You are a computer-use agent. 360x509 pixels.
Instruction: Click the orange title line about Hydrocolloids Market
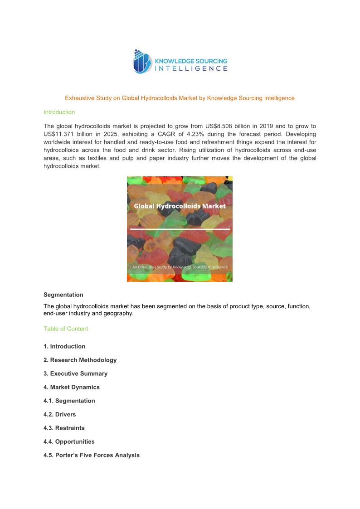pyautogui.click(x=180, y=98)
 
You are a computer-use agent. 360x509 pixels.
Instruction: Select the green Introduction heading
pyautogui.click(x=59, y=112)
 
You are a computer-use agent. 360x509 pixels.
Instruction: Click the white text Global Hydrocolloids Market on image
pyautogui.click(x=180, y=206)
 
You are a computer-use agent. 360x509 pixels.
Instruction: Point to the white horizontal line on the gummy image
pyautogui.click(x=180, y=229)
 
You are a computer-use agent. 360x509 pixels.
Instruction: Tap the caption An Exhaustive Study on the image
pyautogui.click(x=180, y=267)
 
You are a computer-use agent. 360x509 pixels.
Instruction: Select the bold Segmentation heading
pyautogui.click(x=63, y=295)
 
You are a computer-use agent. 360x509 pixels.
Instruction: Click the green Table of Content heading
pyautogui.click(x=66, y=329)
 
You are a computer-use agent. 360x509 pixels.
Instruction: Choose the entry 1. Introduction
pyautogui.click(x=64, y=346)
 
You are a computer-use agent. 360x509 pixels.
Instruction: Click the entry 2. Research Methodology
pyautogui.click(x=80, y=360)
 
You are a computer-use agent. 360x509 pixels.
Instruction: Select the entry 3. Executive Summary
pyautogui.click(x=75, y=373)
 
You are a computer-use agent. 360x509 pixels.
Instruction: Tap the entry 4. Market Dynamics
pyautogui.click(x=72, y=387)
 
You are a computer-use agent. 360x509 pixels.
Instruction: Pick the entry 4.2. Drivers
pyautogui.click(x=60, y=414)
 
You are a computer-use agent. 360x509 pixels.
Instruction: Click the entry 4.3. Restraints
pyautogui.click(x=64, y=428)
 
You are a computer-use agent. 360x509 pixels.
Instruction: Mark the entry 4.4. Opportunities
pyautogui.click(x=69, y=441)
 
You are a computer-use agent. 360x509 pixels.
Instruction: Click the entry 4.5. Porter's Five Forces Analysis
pyautogui.click(x=92, y=455)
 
